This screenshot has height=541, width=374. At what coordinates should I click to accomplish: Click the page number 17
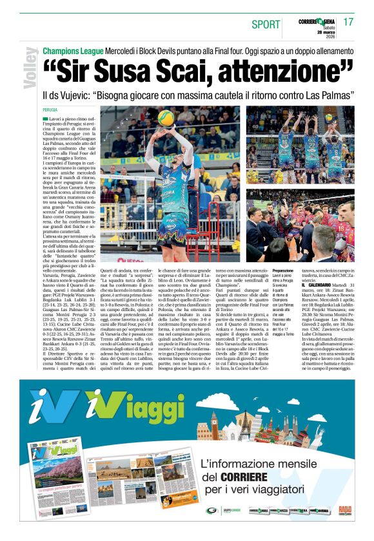[x=349, y=22]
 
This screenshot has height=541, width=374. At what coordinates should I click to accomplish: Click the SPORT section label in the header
[x=266, y=24]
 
